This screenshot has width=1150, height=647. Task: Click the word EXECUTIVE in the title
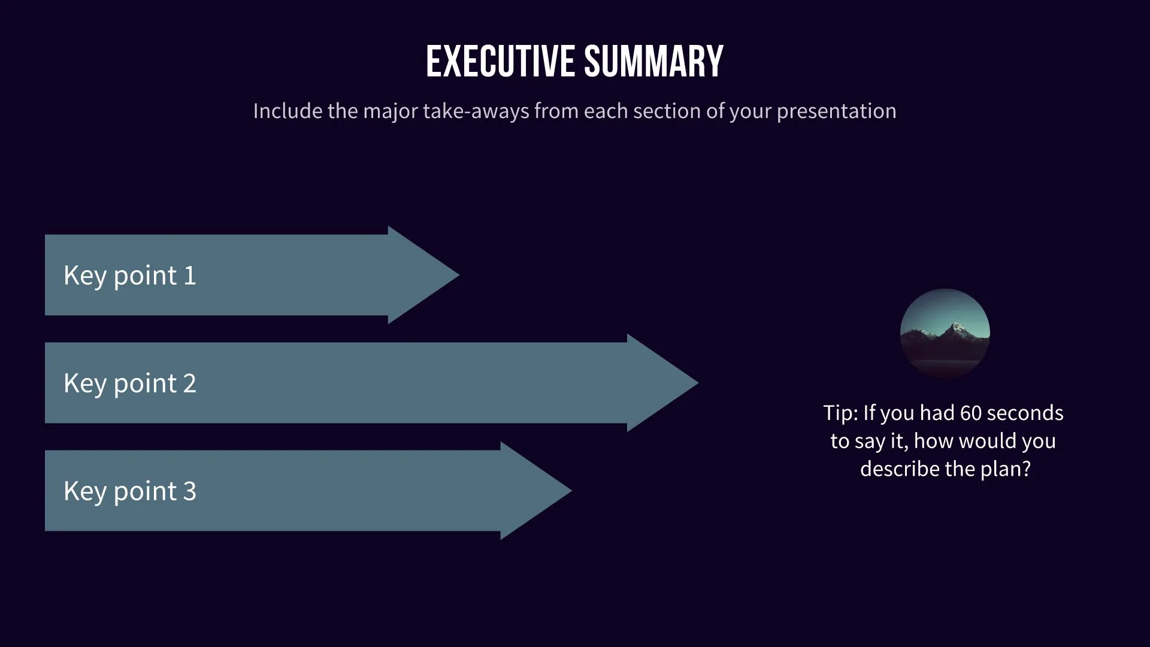pos(501,62)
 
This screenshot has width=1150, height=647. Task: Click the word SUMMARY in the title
pos(653,62)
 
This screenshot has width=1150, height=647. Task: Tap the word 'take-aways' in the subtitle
pos(476,111)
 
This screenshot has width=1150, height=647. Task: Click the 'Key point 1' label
pos(130,276)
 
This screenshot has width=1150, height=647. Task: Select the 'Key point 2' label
pos(130,383)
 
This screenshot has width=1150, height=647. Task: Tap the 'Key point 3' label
pos(130,491)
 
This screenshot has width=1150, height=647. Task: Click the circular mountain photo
pos(945,333)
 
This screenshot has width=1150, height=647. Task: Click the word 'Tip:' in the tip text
pos(840,413)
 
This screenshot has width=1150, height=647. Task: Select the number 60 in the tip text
pos(970,413)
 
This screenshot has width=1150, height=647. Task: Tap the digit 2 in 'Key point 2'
pos(189,383)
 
